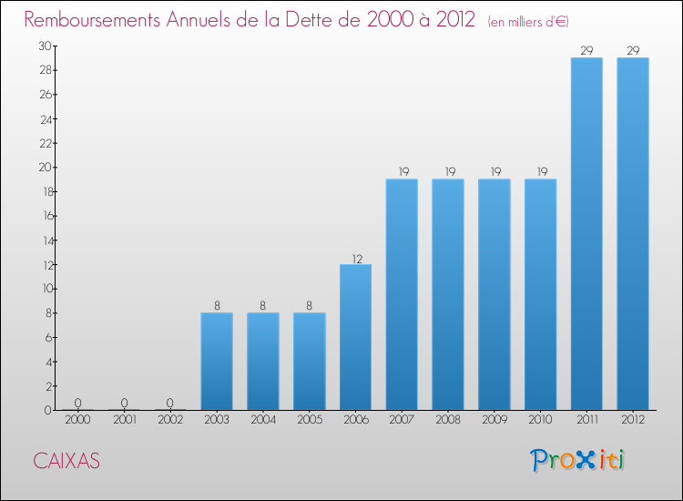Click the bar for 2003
point(217,362)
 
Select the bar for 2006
point(355,337)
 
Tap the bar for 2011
point(586,234)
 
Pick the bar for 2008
point(448,294)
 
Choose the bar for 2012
point(633,234)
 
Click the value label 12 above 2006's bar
point(355,258)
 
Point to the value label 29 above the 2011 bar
point(586,51)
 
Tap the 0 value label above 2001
point(124,404)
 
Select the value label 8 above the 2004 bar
point(263,306)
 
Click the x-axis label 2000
point(77,420)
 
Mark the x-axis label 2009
point(494,420)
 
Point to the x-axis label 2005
point(309,420)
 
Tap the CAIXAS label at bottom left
point(66,461)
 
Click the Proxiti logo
point(579,460)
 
